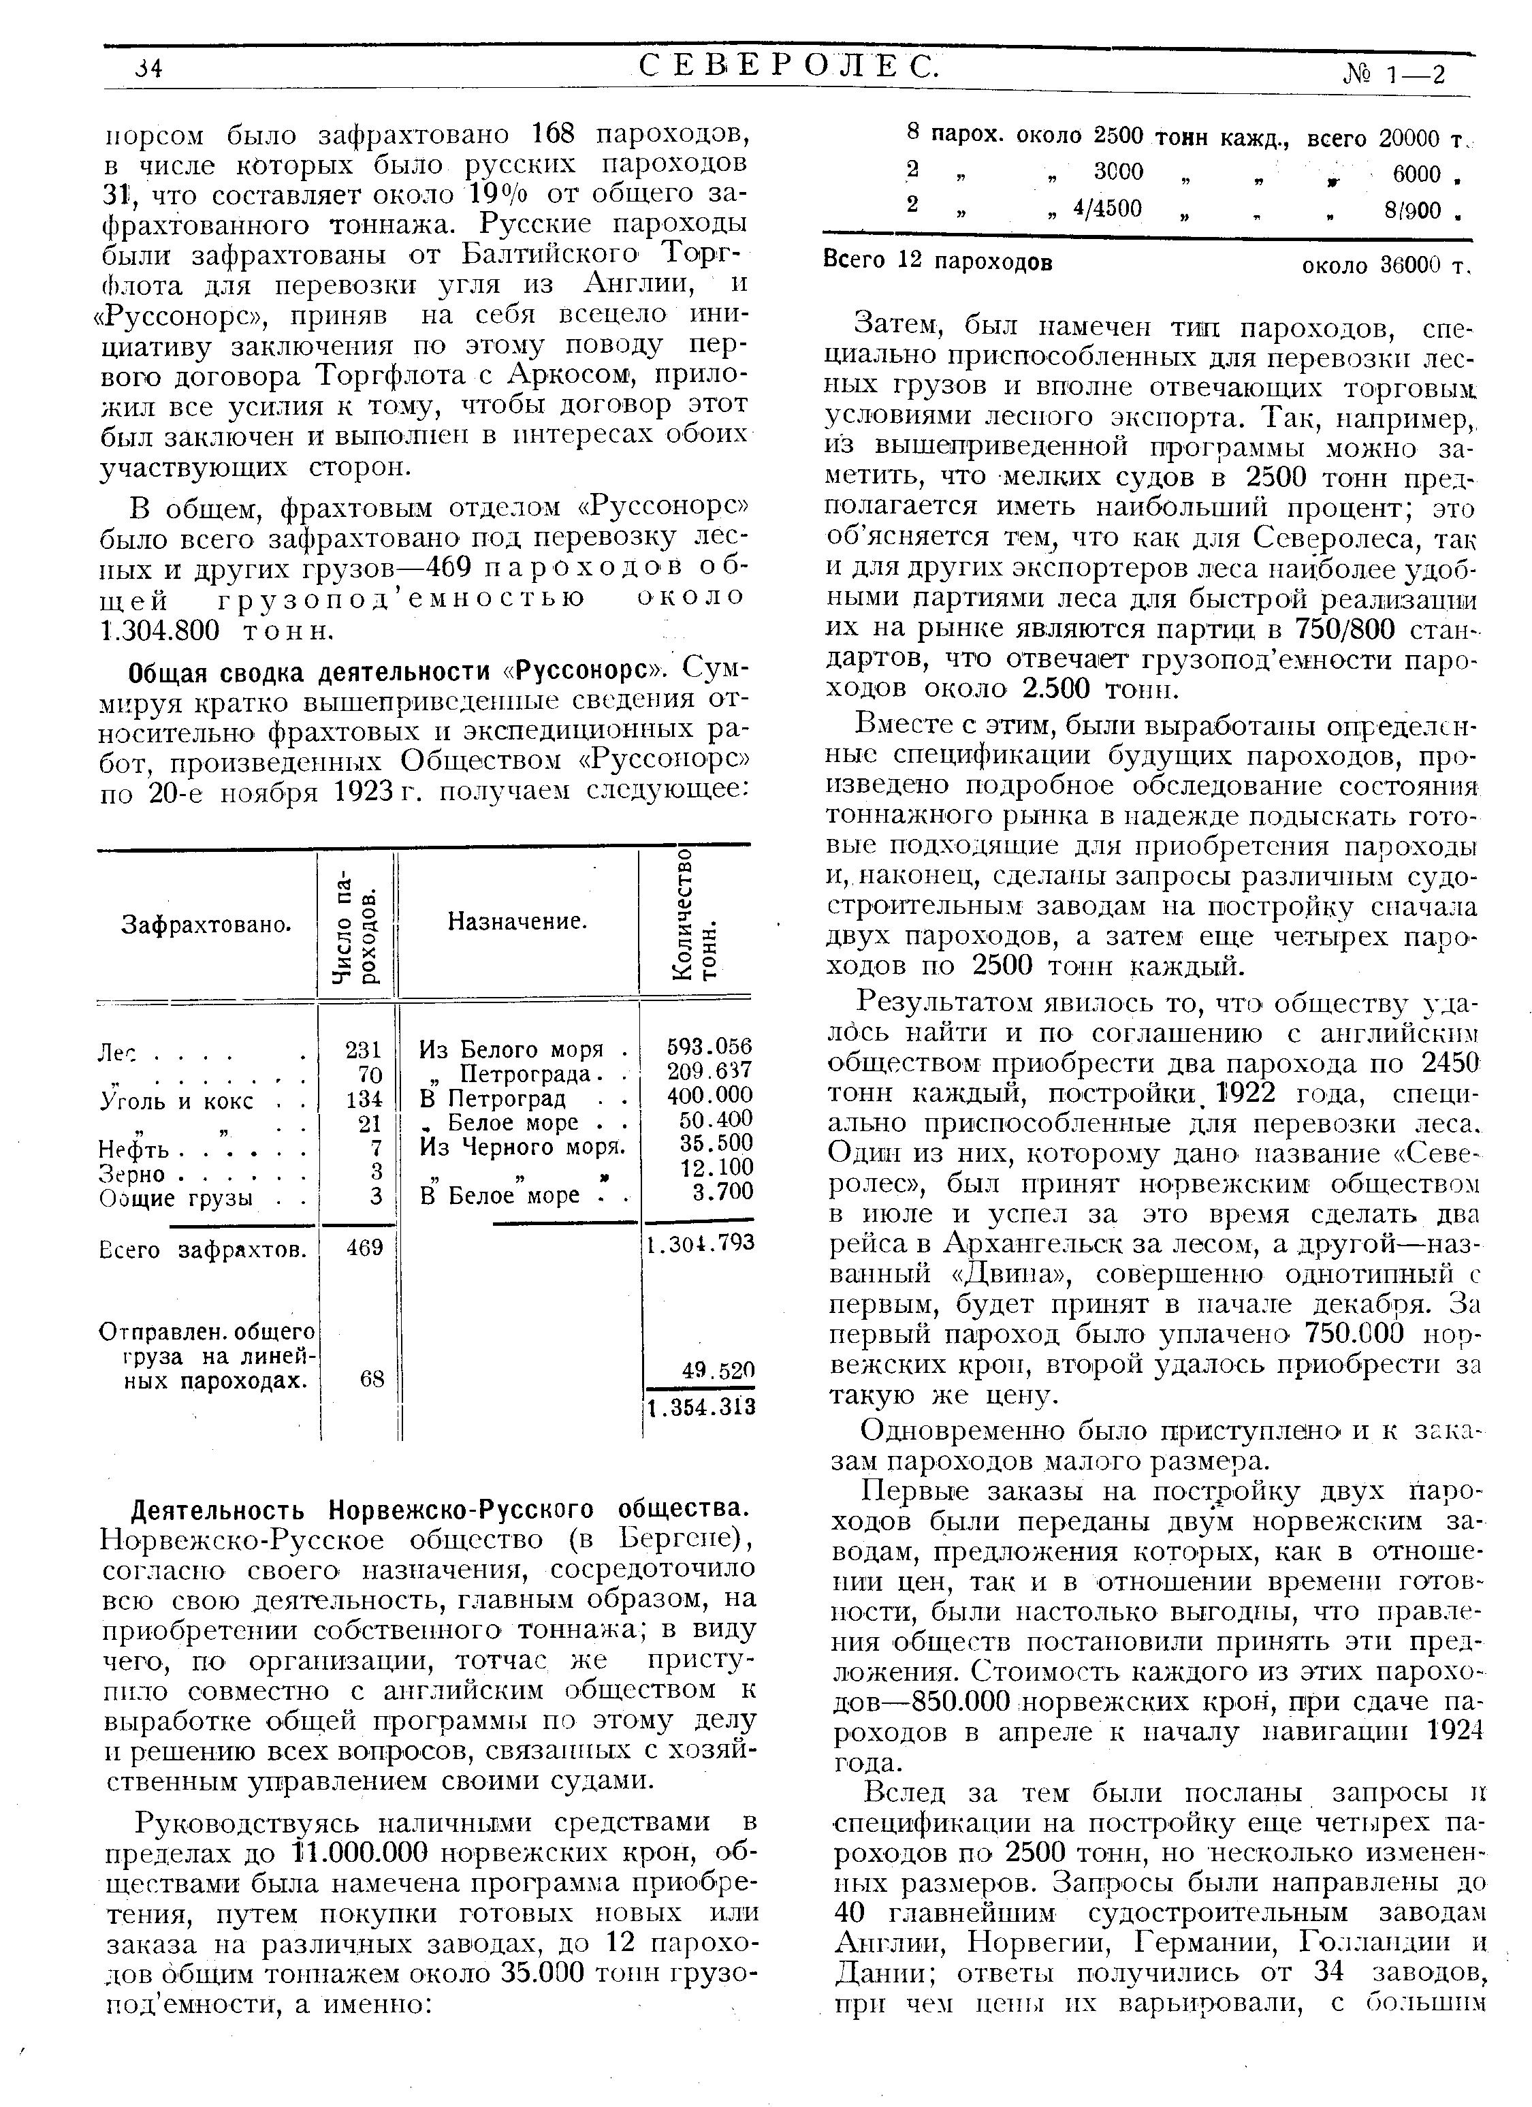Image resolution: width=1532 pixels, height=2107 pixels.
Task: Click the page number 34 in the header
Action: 148,69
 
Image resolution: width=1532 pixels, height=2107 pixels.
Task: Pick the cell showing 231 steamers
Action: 364,1050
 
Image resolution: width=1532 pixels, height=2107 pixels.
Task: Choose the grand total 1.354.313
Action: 701,1408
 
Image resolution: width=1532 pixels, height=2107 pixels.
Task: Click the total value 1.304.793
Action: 701,1242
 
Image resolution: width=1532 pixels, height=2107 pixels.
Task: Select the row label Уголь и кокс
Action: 176,1102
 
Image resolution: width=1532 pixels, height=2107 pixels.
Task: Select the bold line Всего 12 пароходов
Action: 938,262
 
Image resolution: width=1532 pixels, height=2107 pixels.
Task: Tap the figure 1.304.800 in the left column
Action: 160,631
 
